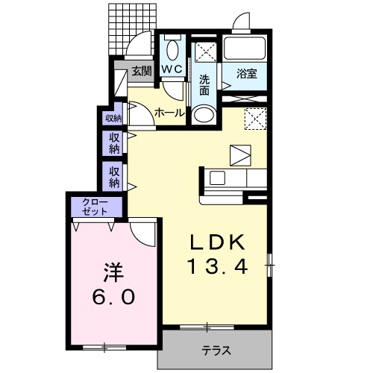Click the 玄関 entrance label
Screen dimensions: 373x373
click(x=142, y=71)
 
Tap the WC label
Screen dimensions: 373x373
click(x=172, y=69)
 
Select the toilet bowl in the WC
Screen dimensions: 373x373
click(x=172, y=50)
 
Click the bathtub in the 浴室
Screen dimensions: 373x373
click(x=244, y=48)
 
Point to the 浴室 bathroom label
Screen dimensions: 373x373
click(x=247, y=74)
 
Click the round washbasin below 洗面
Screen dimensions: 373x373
click(x=204, y=115)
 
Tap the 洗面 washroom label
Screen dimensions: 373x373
click(x=204, y=85)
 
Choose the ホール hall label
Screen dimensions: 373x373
click(x=169, y=113)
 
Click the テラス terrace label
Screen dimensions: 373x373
click(x=216, y=351)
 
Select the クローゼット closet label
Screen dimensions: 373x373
click(x=95, y=207)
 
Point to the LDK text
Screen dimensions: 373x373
click(x=217, y=242)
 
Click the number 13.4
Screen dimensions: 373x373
click(x=219, y=266)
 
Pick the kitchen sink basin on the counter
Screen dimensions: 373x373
click(x=217, y=178)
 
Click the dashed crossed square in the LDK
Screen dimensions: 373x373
click(x=256, y=119)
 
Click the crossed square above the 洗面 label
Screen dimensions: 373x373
click(x=205, y=51)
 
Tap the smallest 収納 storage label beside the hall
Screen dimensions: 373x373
click(x=113, y=119)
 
